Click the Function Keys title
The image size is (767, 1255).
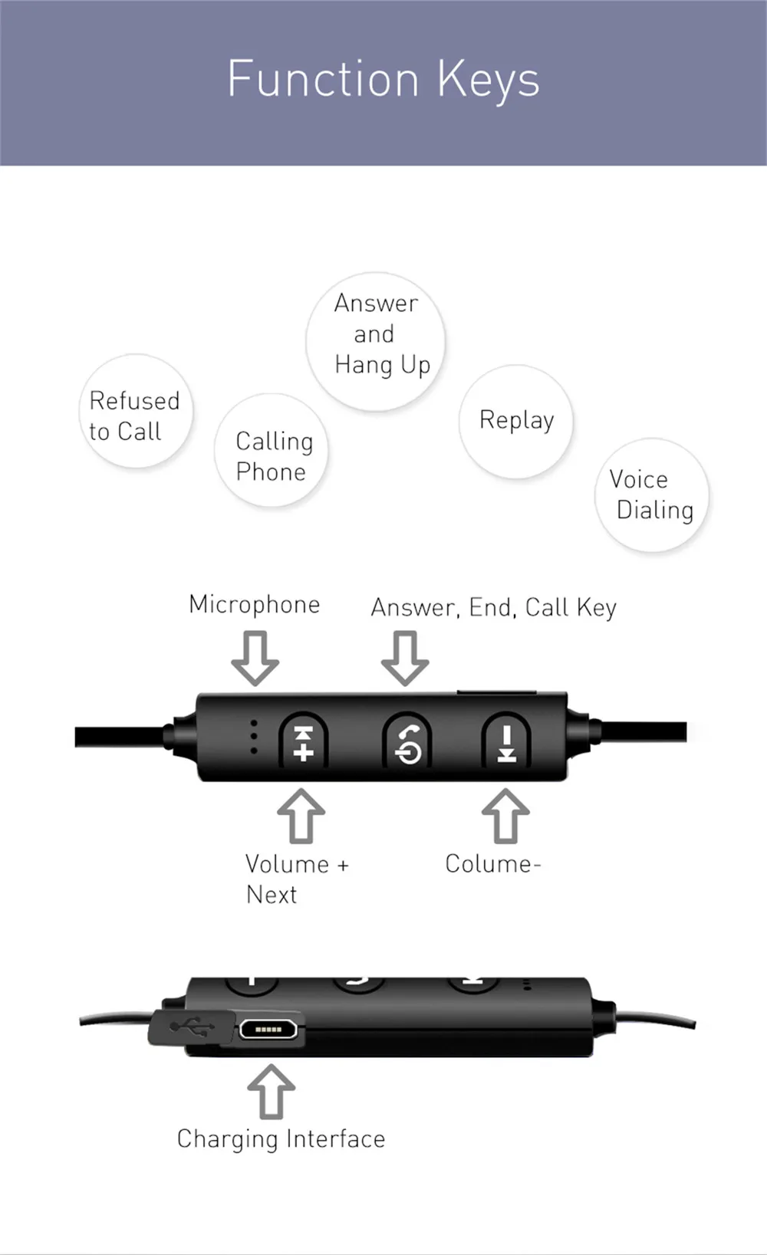pos(383,80)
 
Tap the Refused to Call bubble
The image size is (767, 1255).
pos(136,411)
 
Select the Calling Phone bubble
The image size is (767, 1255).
pos(272,450)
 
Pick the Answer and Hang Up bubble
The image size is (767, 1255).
pos(376,342)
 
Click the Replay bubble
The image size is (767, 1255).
pos(516,422)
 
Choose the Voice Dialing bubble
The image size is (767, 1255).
pos(651,494)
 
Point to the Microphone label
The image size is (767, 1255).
pos(254,605)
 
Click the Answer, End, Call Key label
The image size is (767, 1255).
pos(493,608)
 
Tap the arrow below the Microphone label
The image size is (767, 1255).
pos(255,658)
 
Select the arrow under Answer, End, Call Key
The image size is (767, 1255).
pos(405,658)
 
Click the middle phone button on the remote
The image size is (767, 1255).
pos(407,741)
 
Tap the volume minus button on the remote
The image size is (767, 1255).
pos(506,741)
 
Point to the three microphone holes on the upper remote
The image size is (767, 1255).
pos(254,737)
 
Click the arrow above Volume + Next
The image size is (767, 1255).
pos(301,816)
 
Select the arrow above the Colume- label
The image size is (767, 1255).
pos(505,816)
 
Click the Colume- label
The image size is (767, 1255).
pos(493,864)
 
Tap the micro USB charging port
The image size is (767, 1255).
pos(268,1030)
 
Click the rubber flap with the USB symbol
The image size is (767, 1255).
pos(192,1028)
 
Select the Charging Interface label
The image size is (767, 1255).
pos(281,1139)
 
